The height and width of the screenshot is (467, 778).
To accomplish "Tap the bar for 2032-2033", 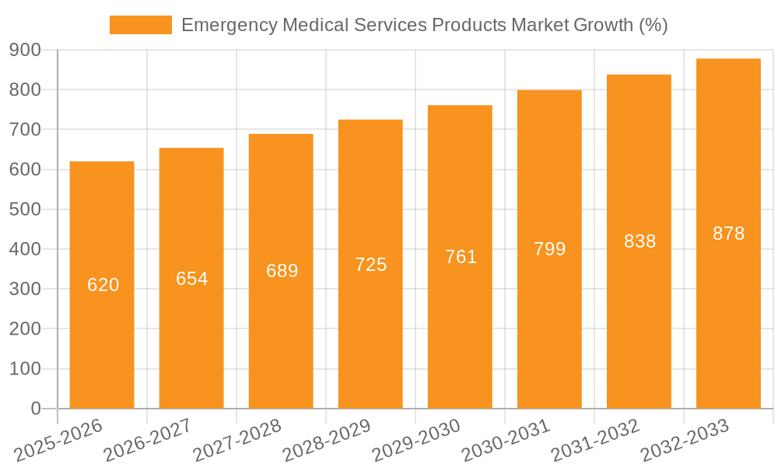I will click(728, 327).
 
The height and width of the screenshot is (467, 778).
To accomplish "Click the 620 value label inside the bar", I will click(103, 285).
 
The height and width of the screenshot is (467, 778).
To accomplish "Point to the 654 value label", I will click(192, 279).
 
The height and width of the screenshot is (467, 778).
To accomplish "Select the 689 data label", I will click(282, 271).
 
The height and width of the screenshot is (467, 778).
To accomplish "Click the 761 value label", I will click(461, 257).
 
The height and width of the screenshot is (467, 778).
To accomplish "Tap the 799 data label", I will click(550, 249).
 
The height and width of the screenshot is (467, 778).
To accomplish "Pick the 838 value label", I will click(640, 241).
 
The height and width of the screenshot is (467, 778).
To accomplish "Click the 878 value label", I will click(729, 233).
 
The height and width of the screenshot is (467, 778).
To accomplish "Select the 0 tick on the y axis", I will click(35, 409).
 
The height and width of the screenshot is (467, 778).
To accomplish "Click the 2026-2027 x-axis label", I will click(147, 441).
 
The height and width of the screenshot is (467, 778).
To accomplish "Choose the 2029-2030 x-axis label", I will click(415, 441).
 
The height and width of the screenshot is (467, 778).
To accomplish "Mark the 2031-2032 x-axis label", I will click(594, 441).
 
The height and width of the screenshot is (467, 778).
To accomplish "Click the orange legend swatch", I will click(141, 25).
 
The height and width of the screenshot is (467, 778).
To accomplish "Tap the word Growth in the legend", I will click(603, 25).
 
